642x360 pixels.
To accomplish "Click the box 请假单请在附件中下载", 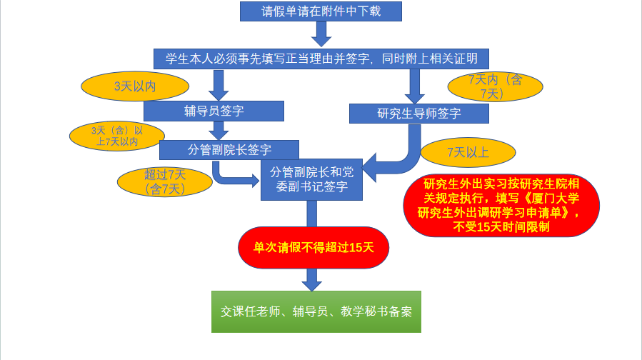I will click(x=321, y=11).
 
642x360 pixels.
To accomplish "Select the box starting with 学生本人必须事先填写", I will click(x=321, y=59).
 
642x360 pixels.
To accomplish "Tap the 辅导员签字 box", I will click(x=214, y=111).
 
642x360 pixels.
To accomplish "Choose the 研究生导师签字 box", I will click(x=419, y=114).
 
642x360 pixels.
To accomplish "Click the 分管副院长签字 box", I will click(x=229, y=149).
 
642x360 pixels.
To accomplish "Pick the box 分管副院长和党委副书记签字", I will click(x=312, y=179).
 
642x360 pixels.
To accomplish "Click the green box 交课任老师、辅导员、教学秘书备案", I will click(x=316, y=311).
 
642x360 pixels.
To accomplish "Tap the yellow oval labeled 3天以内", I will click(x=135, y=86).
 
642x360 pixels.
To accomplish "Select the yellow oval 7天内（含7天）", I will click(x=495, y=86).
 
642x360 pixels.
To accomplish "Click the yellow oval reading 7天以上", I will click(x=468, y=151).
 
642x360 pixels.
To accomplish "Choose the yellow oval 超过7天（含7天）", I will click(x=165, y=182).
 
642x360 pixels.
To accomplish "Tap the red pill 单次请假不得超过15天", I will click(x=314, y=247).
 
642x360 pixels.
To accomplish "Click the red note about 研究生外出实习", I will click(x=501, y=204).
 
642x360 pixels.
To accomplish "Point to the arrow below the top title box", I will click(x=321, y=34).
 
